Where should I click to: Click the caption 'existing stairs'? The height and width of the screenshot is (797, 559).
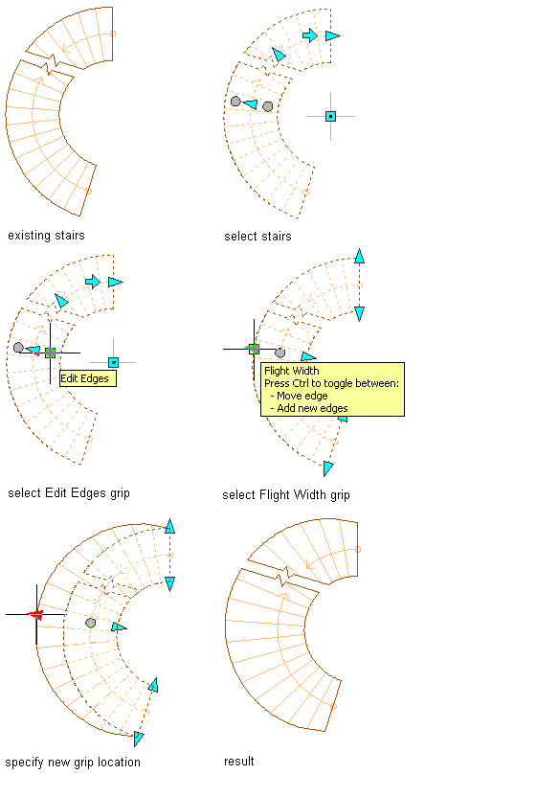tap(46, 236)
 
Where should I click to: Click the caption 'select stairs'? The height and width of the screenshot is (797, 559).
tap(257, 237)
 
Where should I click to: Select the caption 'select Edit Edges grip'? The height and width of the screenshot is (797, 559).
tap(69, 493)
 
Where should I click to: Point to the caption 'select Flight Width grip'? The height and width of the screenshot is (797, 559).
tap(286, 495)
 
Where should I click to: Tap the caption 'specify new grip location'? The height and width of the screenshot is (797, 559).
tap(73, 763)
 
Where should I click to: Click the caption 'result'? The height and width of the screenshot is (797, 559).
tap(239, 762)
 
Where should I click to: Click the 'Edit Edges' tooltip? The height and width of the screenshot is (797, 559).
tap(88, 378)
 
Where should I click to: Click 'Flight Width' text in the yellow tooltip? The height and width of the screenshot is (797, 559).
tap(291, 371)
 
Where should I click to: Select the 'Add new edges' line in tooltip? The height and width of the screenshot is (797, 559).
tap(309, 408)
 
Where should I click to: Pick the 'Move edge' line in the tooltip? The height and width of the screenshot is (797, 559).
tap(299, 396)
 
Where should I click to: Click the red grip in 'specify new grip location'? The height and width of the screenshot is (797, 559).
tap(36, 615)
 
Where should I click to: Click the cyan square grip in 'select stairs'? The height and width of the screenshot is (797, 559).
tap(330, 117)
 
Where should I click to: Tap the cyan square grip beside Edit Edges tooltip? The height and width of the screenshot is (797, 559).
tap(113, 362)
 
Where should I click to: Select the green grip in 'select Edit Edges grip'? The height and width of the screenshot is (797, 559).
tap(50, 353)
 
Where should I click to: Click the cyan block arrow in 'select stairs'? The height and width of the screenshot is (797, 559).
tap(310, 35)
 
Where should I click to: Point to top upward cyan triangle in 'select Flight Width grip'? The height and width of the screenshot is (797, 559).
tap(360, 256)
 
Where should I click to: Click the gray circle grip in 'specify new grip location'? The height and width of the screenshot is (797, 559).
tap(90, 623)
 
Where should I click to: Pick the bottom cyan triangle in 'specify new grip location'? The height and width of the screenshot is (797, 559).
tap(138, 738)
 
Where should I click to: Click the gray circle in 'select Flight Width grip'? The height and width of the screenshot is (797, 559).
tap(279, 353)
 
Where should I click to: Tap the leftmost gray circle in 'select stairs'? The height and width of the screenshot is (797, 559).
tap(235, 102)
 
